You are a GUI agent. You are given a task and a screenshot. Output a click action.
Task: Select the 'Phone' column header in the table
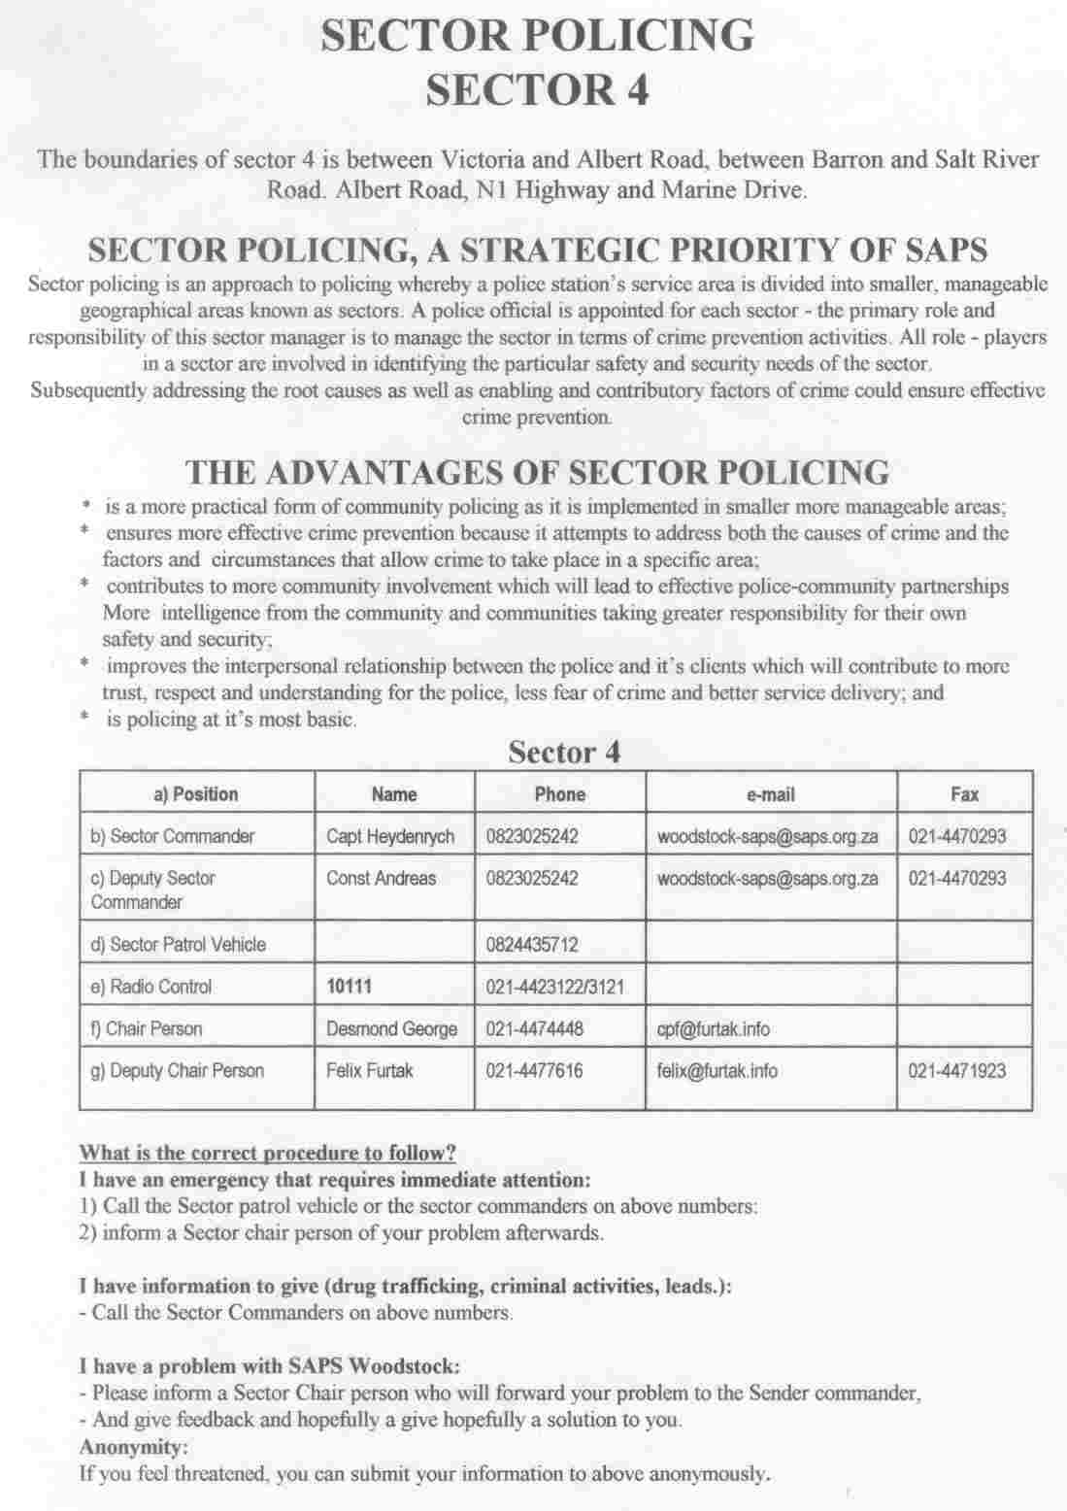click(x=559, y=794)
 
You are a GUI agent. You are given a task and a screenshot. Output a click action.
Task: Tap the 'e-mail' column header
click(x=770, y=794)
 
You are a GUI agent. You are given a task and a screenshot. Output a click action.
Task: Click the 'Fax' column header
click(x=964, y=794)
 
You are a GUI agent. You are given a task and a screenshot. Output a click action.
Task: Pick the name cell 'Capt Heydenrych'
click(x=390, y=836)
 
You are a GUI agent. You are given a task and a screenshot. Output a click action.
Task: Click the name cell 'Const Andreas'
click(x=381, y=878)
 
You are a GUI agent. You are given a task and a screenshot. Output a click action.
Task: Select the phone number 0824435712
click(x=532, y=945)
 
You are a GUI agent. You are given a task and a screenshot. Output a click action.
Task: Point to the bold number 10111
click(x=350, y=987)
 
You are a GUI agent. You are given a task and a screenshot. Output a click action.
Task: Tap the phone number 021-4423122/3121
click(x=554, y=988)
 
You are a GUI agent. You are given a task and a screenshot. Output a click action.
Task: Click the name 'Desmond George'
click(x=391, y=1029)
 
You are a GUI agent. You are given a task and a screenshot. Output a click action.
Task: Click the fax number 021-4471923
click(x=956, y=1071)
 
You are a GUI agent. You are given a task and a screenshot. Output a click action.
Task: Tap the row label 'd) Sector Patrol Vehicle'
click(x=178, y=945)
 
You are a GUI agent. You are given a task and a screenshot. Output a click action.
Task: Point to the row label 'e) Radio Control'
click(x=150, y=987)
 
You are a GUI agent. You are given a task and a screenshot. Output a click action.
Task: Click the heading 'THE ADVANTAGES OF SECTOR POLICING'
click(x=537, y=473)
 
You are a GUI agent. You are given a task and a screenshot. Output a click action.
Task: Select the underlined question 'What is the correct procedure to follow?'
click(x=267, y=1154)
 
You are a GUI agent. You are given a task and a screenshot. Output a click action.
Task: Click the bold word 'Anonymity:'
click(x=133, y=1447)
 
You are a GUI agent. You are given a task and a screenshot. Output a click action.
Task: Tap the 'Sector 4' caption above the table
click(x=563, y=753)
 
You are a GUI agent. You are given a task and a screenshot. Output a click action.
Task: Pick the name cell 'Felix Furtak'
click(x=369, y=1071)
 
